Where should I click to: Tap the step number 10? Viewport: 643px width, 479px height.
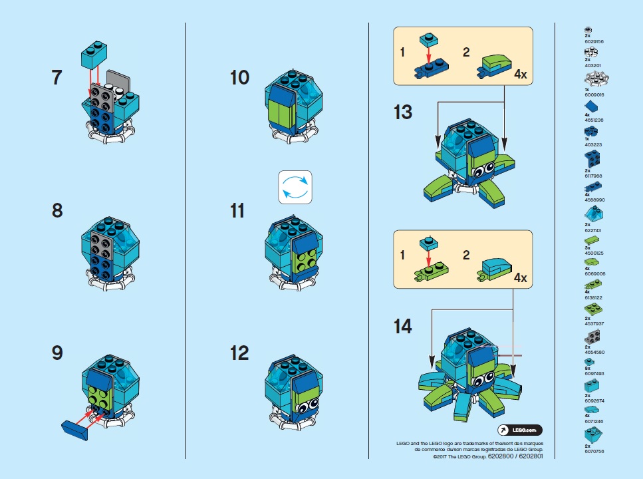[239, 78]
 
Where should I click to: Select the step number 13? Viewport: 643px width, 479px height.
[402, 112]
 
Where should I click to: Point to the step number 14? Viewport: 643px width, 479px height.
[402, 327]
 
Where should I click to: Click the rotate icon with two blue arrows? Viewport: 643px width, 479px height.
[294, 186]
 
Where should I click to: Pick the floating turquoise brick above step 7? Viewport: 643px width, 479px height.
[94, 55]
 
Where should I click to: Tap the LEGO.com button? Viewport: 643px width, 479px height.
[520, 430]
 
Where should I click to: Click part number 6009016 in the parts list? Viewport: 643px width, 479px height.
[596, 95]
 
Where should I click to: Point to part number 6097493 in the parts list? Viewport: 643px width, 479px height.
[596, 373]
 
